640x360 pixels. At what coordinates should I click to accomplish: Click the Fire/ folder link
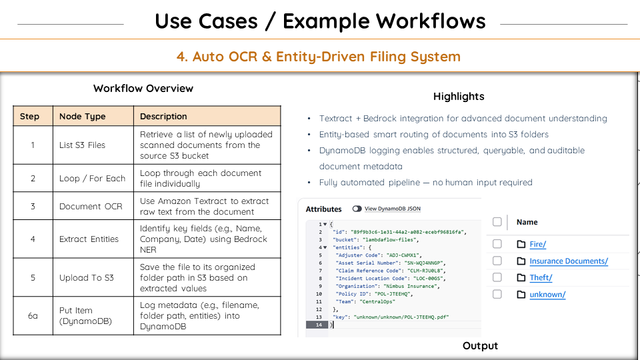point(537,245)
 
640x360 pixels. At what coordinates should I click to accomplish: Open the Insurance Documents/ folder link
point(568,261)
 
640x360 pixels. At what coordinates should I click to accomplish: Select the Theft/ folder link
point(541,277)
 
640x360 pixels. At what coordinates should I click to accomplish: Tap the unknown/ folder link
point(547,294)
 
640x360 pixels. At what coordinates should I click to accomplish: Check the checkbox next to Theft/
point(497,277)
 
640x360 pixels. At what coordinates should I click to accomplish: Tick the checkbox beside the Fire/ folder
point(497,245)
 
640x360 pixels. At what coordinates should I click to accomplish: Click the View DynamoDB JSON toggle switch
point(357,209)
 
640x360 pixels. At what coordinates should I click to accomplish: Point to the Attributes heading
point(323,209)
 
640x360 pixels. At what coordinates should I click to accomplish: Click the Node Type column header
point(82,116)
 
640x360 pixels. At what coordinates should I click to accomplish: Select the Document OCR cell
point(91,206)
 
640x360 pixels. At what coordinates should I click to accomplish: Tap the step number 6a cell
point(33,315)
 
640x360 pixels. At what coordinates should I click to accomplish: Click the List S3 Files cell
point(82,145)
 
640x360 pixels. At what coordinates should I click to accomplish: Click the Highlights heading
point(459,96)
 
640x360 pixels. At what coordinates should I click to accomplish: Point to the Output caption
point(480,345)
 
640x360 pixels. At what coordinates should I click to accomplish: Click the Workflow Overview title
point(143,88)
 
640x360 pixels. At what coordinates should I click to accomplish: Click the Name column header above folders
point(527,222)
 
